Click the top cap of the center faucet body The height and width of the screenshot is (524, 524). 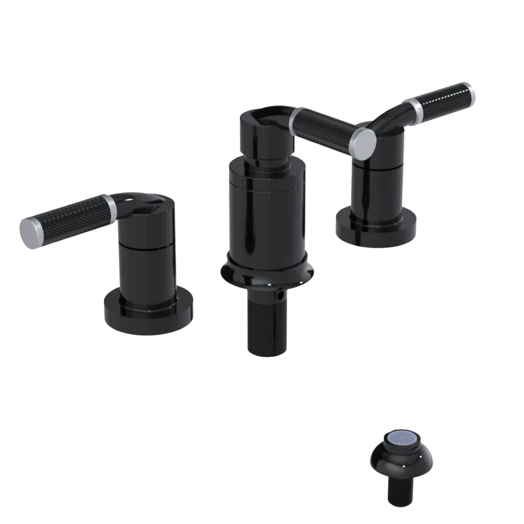(265, 134)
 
